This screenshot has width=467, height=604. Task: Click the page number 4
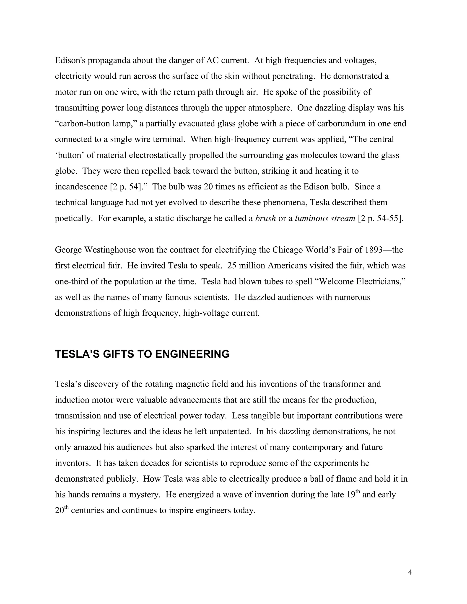(x=410, y=572)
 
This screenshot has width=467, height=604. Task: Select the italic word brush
(x=265, y=219)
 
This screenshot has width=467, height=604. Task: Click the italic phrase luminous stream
(x=325, y=219)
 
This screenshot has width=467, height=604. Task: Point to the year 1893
(x=374, y=250)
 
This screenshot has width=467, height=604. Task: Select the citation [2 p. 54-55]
(x=380, y=219)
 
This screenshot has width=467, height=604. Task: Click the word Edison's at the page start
(x=70, y=60)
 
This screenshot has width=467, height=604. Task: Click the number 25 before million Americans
(x=232, y=266)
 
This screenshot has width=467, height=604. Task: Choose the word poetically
(x=73, y=219)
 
